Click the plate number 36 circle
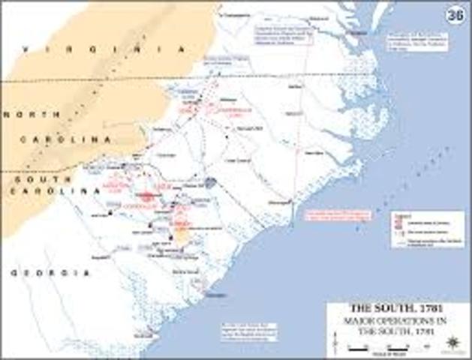tap(453, 14)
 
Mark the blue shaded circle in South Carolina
tap(212, 182)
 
